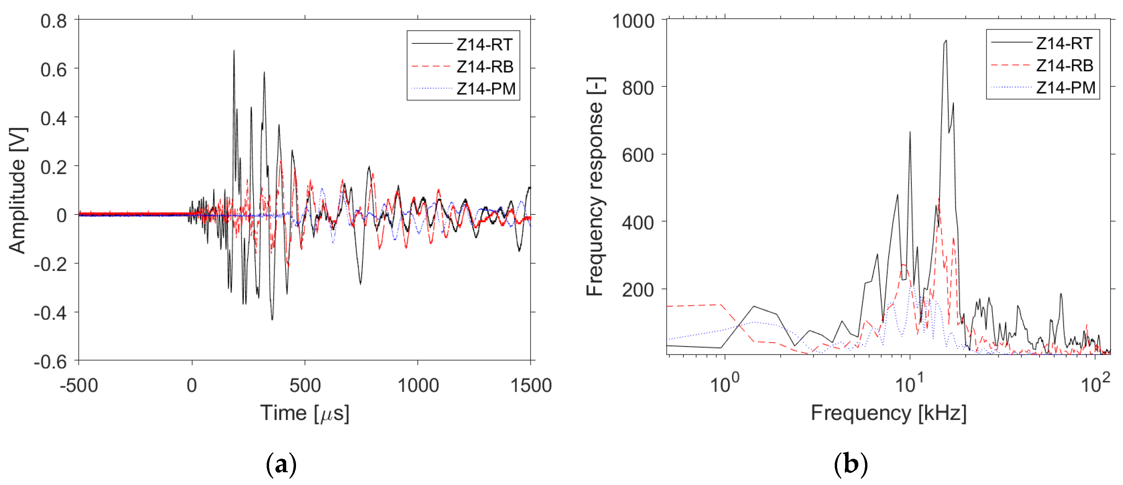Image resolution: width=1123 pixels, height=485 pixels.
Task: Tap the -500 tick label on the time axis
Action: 79,386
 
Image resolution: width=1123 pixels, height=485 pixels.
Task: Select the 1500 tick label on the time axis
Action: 531,386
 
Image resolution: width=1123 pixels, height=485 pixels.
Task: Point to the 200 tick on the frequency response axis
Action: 638,290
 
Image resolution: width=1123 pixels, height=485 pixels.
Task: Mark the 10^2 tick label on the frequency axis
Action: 1095,384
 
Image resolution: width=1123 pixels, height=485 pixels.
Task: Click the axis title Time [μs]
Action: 305,413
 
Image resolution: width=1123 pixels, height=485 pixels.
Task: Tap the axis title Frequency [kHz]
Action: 888,413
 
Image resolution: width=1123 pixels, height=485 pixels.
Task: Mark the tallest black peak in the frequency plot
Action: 946,40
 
